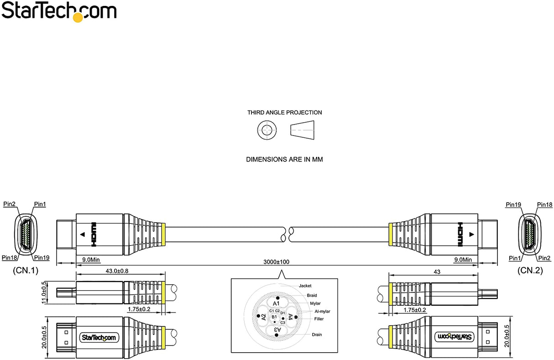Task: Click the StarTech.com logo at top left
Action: pyautogui.click(x=59, y=11)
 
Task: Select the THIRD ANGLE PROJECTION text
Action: pyautogui.click(x=284, y=112)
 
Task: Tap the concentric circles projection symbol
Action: pyautogui.click(x=267, y=130)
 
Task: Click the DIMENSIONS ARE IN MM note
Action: pyautogui.click(x=284, y=160)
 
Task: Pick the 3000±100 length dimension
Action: pyautogui.click(x=276, y=262)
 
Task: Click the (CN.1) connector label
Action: pyautogui.click(x=26, y=271)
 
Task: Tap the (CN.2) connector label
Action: pyautogui.click(x=530, y=271)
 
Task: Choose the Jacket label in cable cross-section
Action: pyautogui.click(x=305, y=286)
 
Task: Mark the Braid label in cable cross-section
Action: pyautogui.click(x=312, y=295)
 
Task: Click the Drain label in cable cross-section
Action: pyautogui.click(x=317, y=334)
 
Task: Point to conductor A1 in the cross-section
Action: pyautogui.click(x=276, y=303)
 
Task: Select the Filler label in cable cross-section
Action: pyautogui.click(x=319, y=319)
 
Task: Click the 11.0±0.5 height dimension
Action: pyautogui.click(x=44, y=292)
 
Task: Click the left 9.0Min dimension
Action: pyautogui.click(x=91, y=260)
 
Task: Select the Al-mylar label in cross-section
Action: pyautogui.click(x=322, y=311)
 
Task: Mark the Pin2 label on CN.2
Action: pyautogui.click(x=541, y=258)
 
